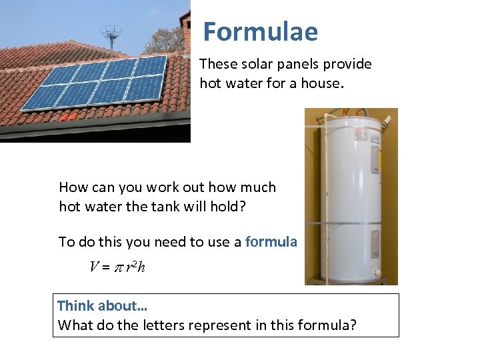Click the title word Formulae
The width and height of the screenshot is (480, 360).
pyautogui.click(x=260, y=31)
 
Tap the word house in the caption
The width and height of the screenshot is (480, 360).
pyautogui.click(x=319, y=83)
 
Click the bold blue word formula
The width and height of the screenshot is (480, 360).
pyautogui.click(x=271, y=242)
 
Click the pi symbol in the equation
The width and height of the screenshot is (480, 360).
pyautogui.click(x=116, y=267)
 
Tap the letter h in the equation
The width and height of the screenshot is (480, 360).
pyautogui.click(x=141, y=267)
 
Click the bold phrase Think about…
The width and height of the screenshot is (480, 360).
pyautogui.click(x=103, y=306)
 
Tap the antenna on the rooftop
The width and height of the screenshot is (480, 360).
pyautogui.click(x=111, y=33)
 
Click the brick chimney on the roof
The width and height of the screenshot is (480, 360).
pyautogui.click(x=186, y=30)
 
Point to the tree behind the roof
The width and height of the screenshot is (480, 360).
pyautogui.click(x=164, y=40)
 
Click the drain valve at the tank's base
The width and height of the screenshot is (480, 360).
pyautogui.click(x=377, y=273)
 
